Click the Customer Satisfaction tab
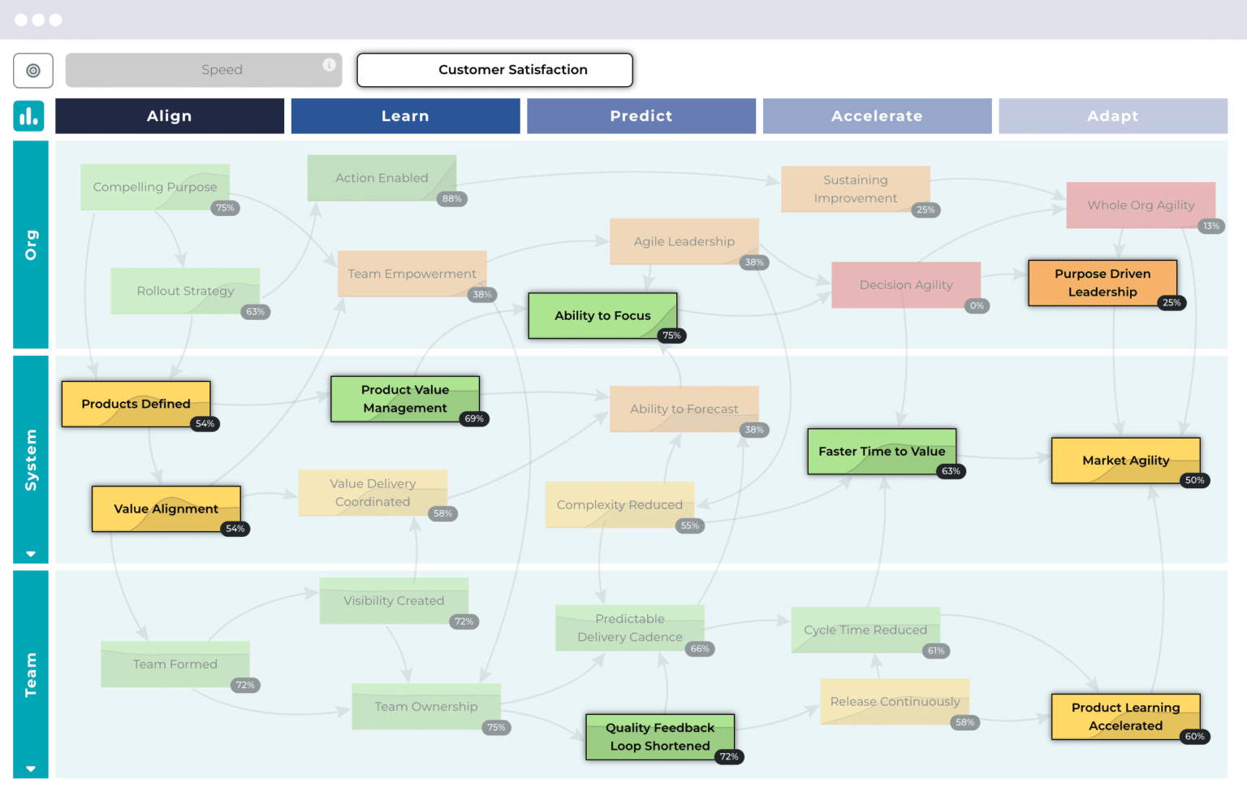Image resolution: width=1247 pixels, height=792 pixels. click(494, 70)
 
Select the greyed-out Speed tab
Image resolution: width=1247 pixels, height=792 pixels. click(203, 70)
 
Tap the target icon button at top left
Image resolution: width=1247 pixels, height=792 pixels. click(33, 71)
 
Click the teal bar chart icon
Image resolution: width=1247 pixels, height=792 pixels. click(29, 116)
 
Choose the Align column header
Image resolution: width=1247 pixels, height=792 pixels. click(170, 116)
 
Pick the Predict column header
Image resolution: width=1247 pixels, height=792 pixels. click(641, 116)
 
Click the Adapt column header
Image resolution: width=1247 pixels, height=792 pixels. click(1112, 116)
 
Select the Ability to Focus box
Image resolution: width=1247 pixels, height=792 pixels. click(602, 315)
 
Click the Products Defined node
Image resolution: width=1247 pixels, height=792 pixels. click(136, 404)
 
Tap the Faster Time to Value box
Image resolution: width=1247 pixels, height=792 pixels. click(881, 451)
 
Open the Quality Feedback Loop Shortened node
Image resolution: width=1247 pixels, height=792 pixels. click(659, 736)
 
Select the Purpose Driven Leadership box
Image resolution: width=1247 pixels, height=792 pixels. click(1102, 283)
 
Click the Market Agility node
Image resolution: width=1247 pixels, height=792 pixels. click(1125, 460)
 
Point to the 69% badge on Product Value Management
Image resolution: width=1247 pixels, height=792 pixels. click(474, 419)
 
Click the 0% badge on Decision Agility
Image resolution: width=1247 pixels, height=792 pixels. click(977, 306)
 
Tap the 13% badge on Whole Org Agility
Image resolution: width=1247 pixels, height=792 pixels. click(1210, 227)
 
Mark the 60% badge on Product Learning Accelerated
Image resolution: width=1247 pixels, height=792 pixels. click(1194, 737)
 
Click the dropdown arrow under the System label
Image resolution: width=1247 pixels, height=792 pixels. click(31, 554)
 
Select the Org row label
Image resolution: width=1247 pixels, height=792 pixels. click(31, 245)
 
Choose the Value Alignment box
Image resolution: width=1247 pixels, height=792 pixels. click(166, 509)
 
